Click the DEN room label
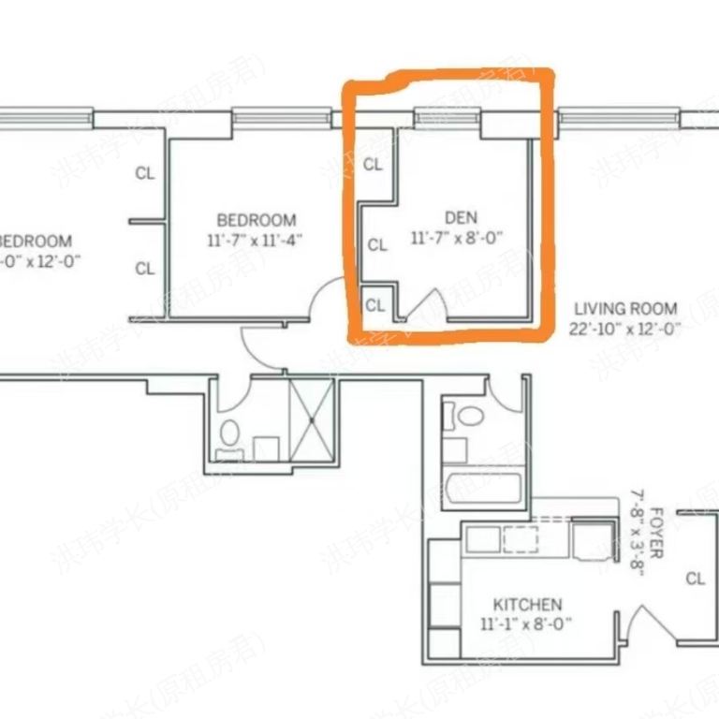pyautogui.click(x=456, y=218)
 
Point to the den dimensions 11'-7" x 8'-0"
pyautogui.click(x=457, y=238)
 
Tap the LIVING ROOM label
pyautogui.click(x=625, y=308)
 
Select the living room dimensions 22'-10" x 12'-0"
pyautogui.click(x=624, y=328)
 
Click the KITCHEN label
pyautogui.click(x=521, y=605)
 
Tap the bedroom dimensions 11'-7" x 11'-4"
pyautogui.click(x=256, y=239)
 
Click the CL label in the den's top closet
pyautogui.click(x=374, y=165)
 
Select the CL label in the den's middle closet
pyautogui.click(x=377, y=245)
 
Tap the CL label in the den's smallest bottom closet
pyautogui.click(x=375, y=305)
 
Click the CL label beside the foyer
pyautogui.click(x=694, y=579)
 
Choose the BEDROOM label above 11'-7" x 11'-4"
pyautogui.click(x=256, y=220)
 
